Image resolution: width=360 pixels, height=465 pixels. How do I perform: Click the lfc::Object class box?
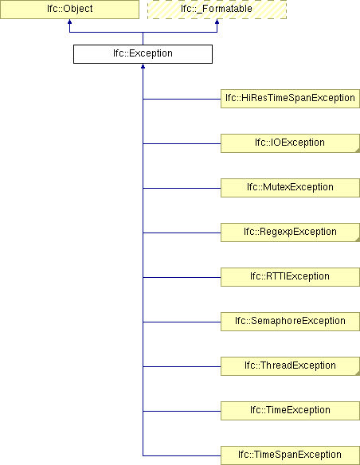pyautogui.click(x=69, y=10)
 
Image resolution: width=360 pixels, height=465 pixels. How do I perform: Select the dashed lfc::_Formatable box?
pyautogui.click(x=217, y=10)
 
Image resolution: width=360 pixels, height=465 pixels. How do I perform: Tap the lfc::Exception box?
pyautogui.click(x=143, y=54)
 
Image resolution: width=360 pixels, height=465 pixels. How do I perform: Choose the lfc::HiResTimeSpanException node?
pyautogui.click(x=290, y=99)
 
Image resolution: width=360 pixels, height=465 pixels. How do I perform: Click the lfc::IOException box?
pyautogui.click(x=290, y=143)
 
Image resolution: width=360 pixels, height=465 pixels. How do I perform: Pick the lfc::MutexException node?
pyautogui.click(x=290, y=188)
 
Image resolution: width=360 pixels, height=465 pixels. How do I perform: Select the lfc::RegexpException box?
pyautogui.click(x=290, y=232)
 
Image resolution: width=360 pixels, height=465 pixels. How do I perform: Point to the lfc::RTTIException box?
pyautogui.click(x=290, y=277)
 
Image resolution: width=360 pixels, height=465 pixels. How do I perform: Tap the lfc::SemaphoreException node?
pyautogui.click(x=290, y=322)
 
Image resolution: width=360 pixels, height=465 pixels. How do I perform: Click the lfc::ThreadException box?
pyautogui.click(x=290, y=366)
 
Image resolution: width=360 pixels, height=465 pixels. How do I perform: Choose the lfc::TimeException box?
pyautogui.click(x=290, y=411)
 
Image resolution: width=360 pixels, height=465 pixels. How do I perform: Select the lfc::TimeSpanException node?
pyautogui.click(x=290, y=455)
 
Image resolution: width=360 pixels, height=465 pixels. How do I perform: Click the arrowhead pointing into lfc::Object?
pyautogui.click(x=69, y=21)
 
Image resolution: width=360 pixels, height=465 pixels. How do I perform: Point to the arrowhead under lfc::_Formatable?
pyautogui.click(x=217, y=21)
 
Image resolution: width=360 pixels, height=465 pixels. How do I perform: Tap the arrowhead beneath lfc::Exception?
pyautogui.click(x=143, y=66)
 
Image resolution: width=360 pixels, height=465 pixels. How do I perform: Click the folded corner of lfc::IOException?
pyautogui.click(x=358, y=150)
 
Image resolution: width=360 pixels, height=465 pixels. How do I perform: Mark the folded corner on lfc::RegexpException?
pyautogui.click(x=358, y=240)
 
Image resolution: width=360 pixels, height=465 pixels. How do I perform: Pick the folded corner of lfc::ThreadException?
pyautogui.click(x=358, y=373)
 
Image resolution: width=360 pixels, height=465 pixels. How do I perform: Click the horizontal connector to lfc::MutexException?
pyautogui.click(x=182, y=188)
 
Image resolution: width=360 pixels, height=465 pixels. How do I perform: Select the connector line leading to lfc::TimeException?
pyautogui.click(x=182, y=411)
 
